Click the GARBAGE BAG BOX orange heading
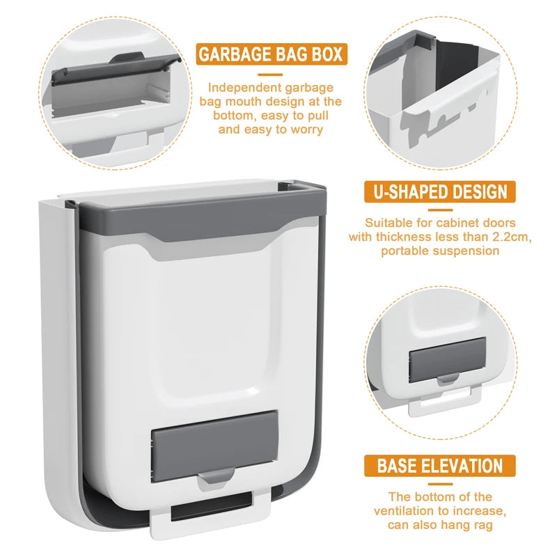coord(271,54)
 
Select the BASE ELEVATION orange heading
coord(439,466)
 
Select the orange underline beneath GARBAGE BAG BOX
coord(272,74)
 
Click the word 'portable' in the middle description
coord(407,251)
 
